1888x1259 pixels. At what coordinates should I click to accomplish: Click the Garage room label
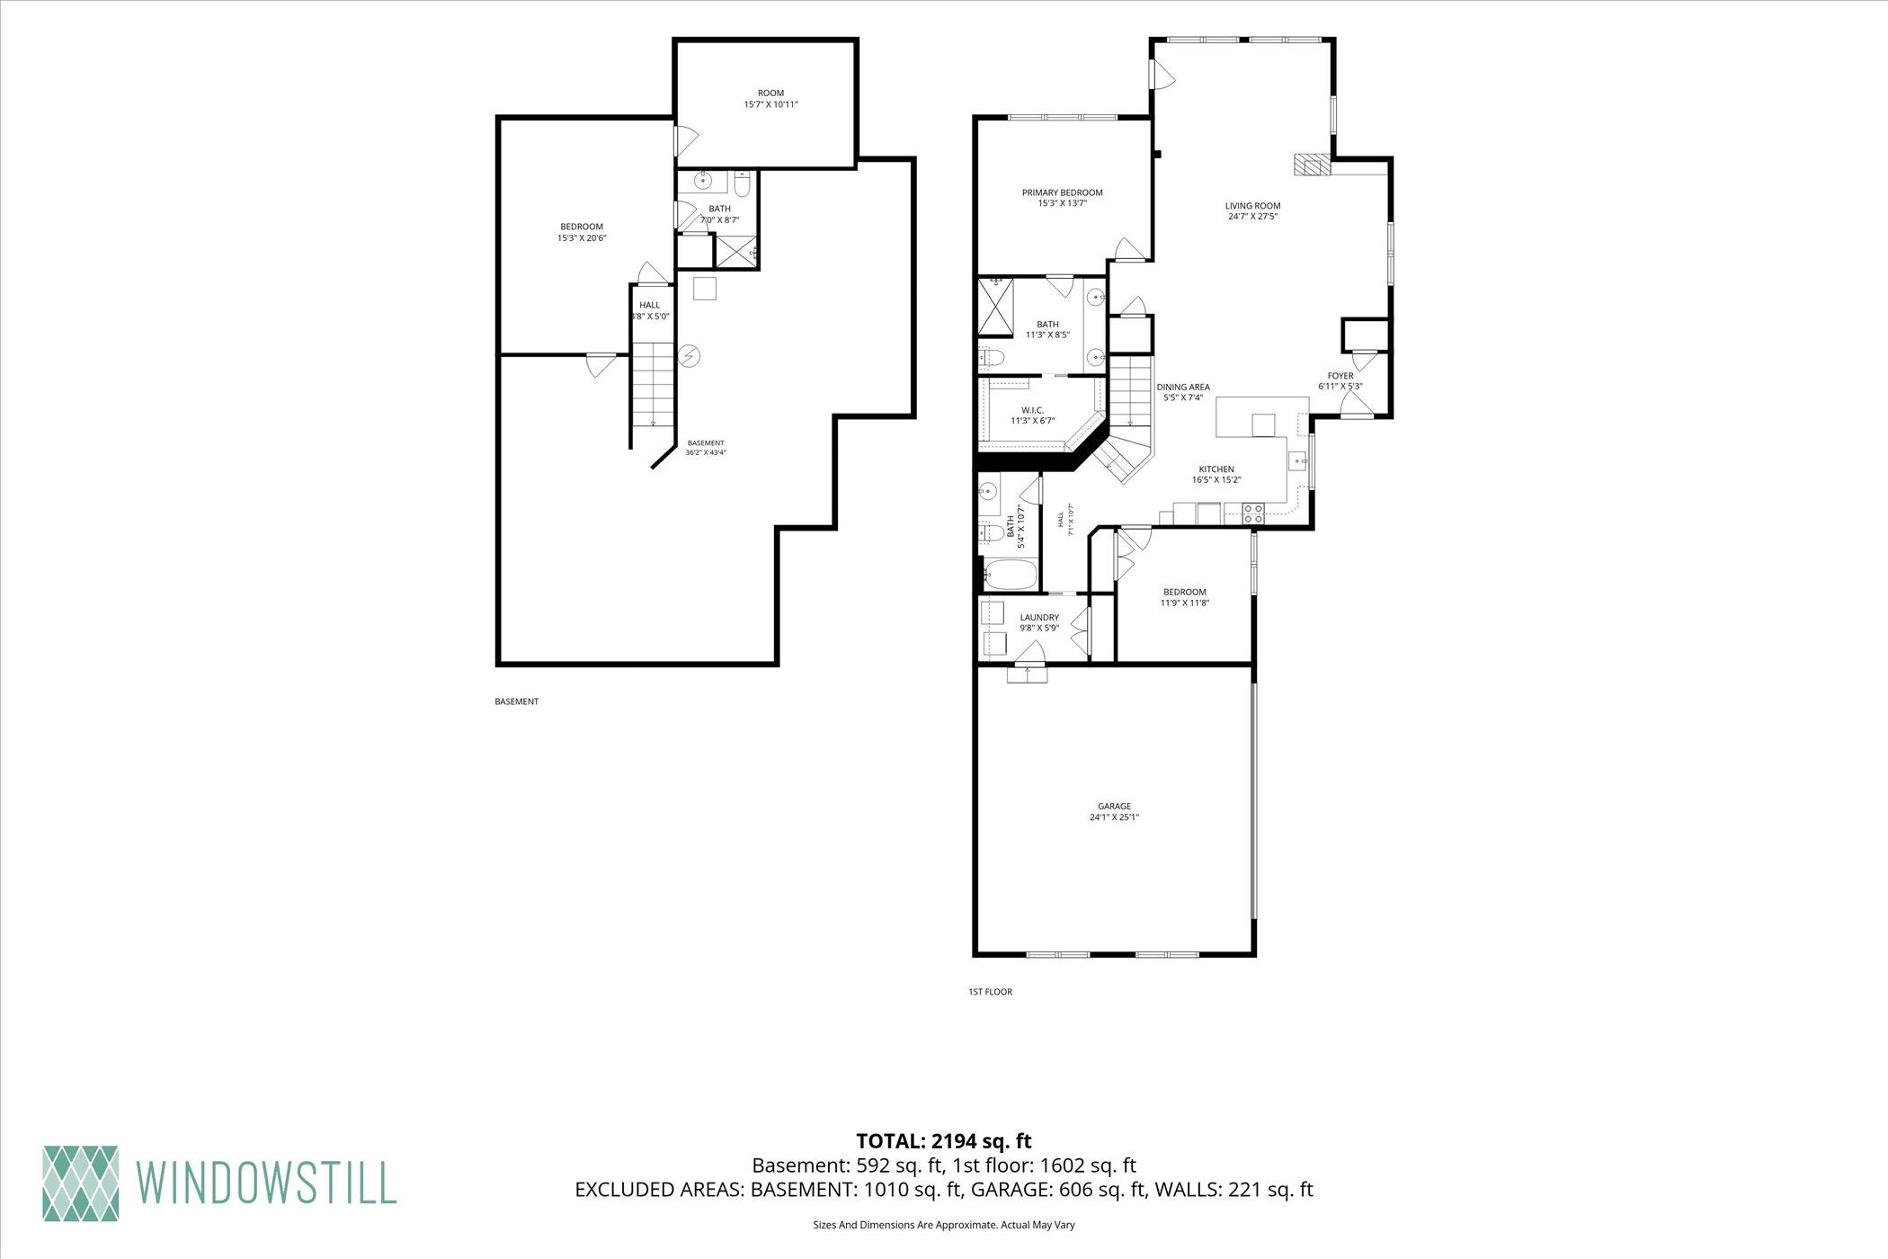click(1114, 811)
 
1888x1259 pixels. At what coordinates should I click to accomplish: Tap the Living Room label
click(1252, 210)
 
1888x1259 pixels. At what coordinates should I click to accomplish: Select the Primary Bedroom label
click(1062, 197)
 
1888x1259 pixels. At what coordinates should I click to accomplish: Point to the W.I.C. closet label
click(1031, 415)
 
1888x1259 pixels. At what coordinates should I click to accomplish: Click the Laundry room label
click(1039, 622)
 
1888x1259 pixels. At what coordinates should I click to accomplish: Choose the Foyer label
click(1340, 380)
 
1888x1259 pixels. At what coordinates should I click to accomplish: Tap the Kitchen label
click(1216, 474)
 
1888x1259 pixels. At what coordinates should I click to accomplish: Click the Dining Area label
click(1183, 392)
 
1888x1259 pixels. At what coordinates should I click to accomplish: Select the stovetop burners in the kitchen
click(1253, 513)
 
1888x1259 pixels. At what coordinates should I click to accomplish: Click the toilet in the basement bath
click(742, 184)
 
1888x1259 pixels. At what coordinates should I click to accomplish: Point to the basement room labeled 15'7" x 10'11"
click(770, 98)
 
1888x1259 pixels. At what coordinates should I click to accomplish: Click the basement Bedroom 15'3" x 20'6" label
click(582, 232)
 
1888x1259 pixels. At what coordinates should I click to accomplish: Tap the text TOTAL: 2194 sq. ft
click(943, 1141)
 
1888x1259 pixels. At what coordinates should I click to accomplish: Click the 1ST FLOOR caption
click(990, 992)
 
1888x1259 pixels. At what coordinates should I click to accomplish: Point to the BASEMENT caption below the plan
click(517, 701)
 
